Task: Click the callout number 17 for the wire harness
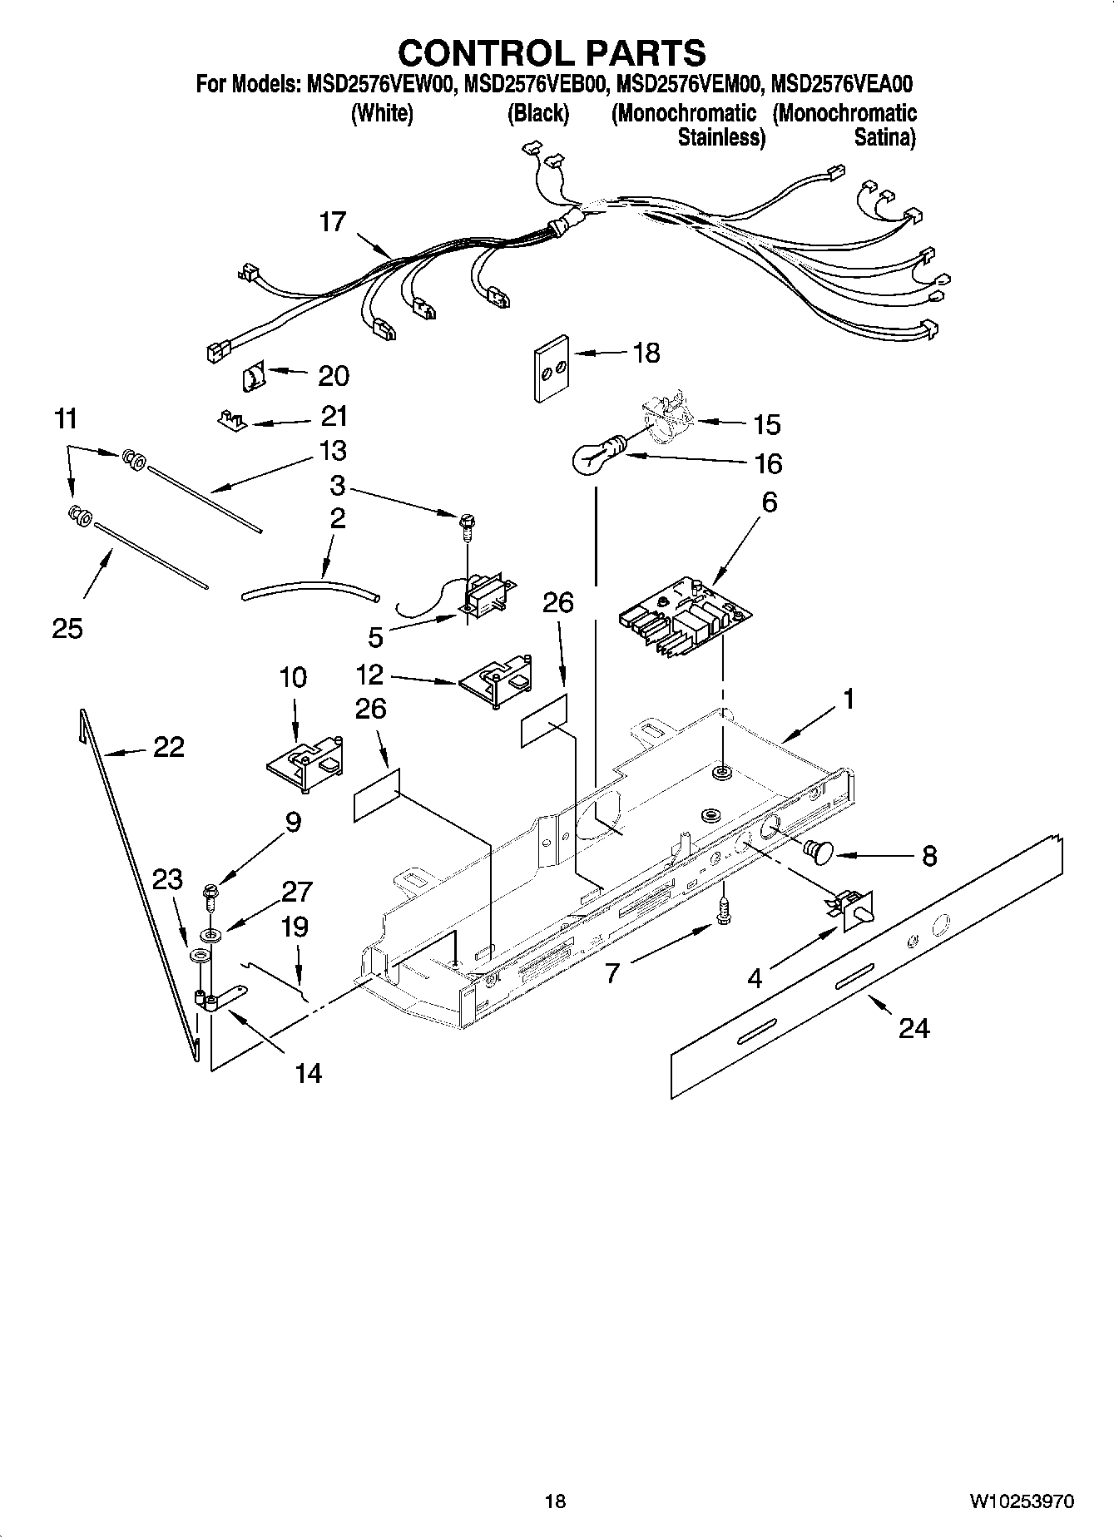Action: [x=332, y=222]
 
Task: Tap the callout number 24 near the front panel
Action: [x=913, y=1029]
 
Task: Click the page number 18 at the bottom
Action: [x=555, y=1501]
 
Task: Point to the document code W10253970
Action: [x=1021, y=1501]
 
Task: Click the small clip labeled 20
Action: [x=252, y=378]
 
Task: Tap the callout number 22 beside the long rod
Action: [x=168, y=747]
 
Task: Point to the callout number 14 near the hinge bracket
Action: [x=308, y=1073]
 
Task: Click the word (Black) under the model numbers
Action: [x=538, y=113]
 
